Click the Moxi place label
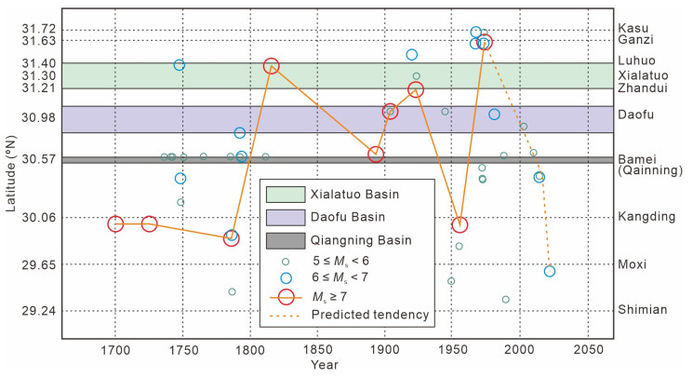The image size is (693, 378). pyautogui.click(x=632, y=264)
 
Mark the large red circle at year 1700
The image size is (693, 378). pyautogui.click(x=115, y=223)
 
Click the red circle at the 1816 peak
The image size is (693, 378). pyautogui.click(x=272, y=66)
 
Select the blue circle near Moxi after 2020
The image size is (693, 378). pyautogui.click(x=550, y=271)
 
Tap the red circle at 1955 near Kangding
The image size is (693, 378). pyautogui.click(x=460, y=224)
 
